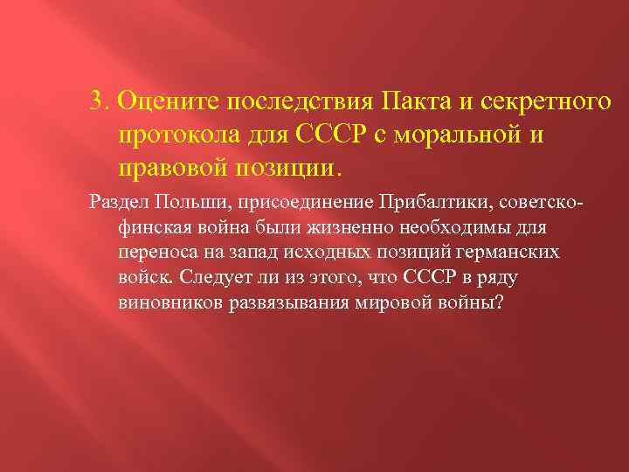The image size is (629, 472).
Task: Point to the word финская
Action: click(x=148, y=228)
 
